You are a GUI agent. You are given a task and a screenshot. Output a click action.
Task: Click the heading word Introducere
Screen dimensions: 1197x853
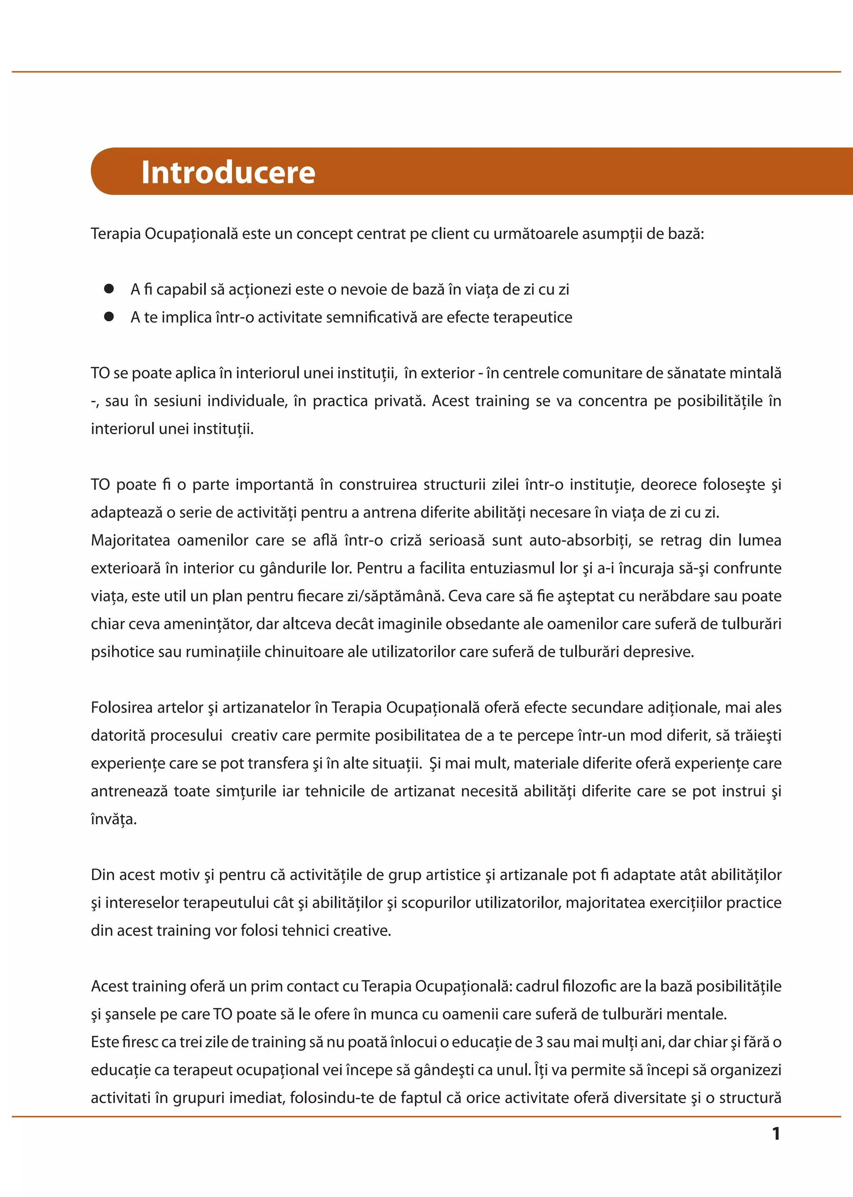pos(228,172)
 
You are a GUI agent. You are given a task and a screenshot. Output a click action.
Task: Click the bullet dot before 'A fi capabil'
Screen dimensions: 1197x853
pos(109,288)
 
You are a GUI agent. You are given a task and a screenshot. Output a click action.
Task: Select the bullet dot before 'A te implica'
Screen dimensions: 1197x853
pos(109,316)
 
